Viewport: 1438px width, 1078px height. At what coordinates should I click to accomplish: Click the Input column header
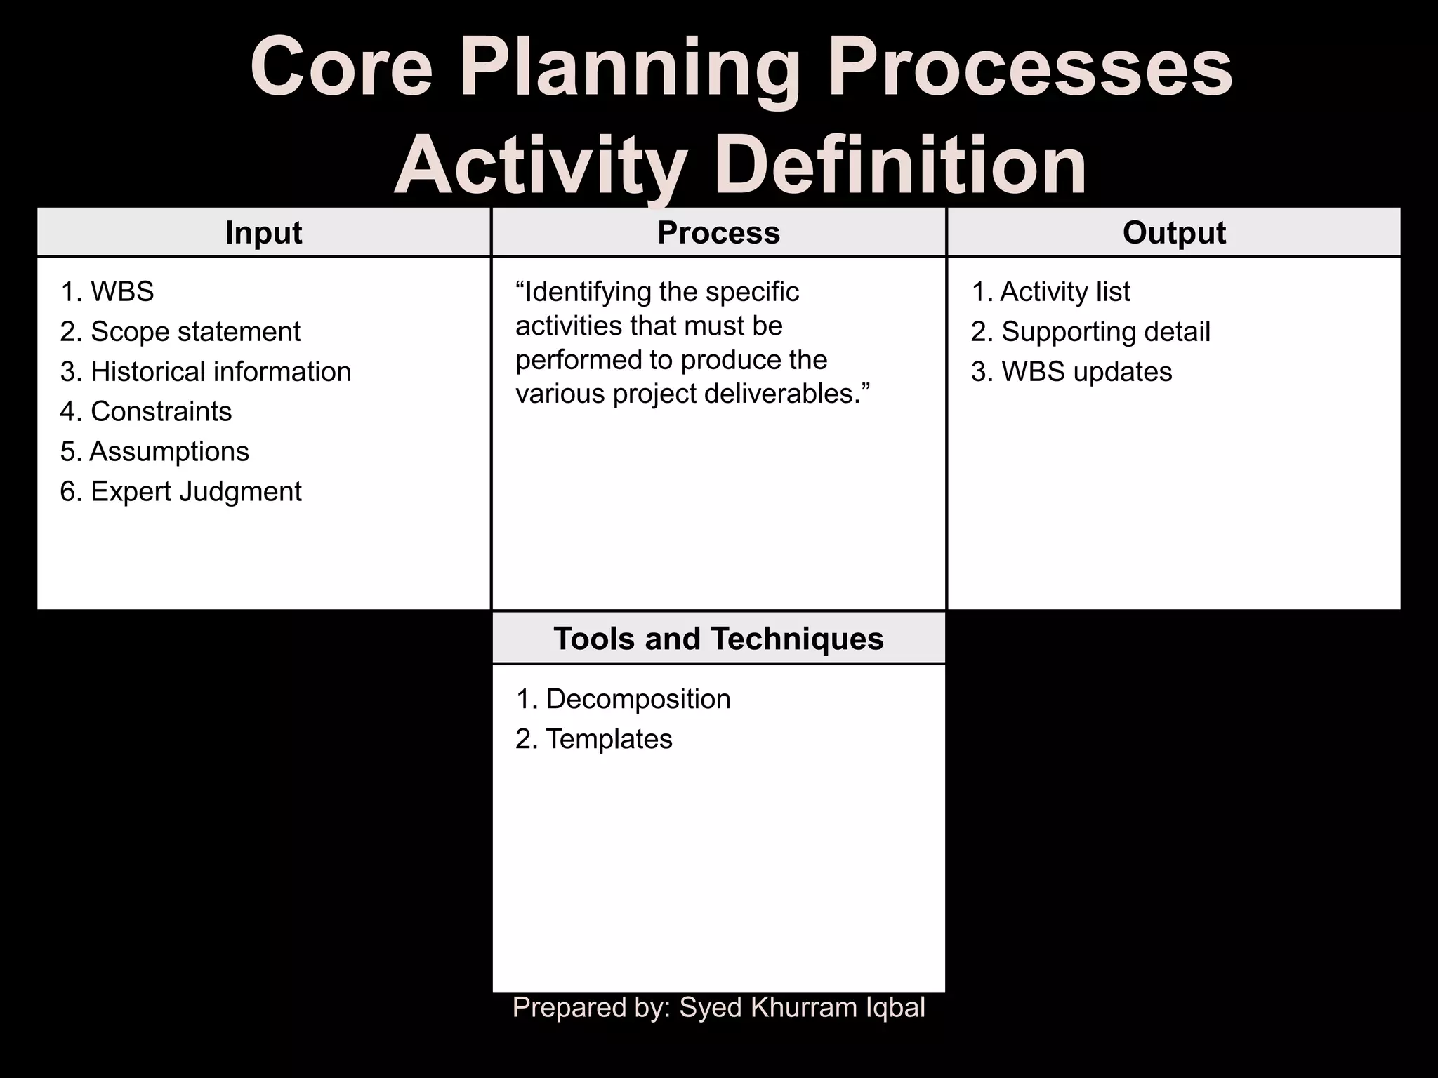(263, 233)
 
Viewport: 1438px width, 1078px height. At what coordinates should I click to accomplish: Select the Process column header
(718, 233)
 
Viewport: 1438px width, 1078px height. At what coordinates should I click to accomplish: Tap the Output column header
(1174, 233)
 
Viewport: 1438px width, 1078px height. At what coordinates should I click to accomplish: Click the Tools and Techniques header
(718, 639)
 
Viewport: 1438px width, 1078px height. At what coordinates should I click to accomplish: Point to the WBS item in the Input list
(107, 292)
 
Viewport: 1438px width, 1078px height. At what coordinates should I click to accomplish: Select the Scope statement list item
(180, 332)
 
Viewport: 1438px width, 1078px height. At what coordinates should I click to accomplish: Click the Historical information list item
(206, 372)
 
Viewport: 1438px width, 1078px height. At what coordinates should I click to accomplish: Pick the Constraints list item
(146, 412)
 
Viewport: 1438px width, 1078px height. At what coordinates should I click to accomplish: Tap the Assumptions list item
(154, 452)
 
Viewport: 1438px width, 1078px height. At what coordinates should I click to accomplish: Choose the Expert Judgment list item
(180, 492)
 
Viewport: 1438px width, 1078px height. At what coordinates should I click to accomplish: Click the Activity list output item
(1051, 292)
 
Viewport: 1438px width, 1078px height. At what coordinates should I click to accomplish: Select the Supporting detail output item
(1090, 332)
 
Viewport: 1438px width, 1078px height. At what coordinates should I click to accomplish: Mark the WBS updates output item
(1071, 372)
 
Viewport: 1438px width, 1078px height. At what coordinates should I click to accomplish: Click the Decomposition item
(624, 699)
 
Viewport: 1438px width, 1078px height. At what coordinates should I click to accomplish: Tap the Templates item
(594, 739)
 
